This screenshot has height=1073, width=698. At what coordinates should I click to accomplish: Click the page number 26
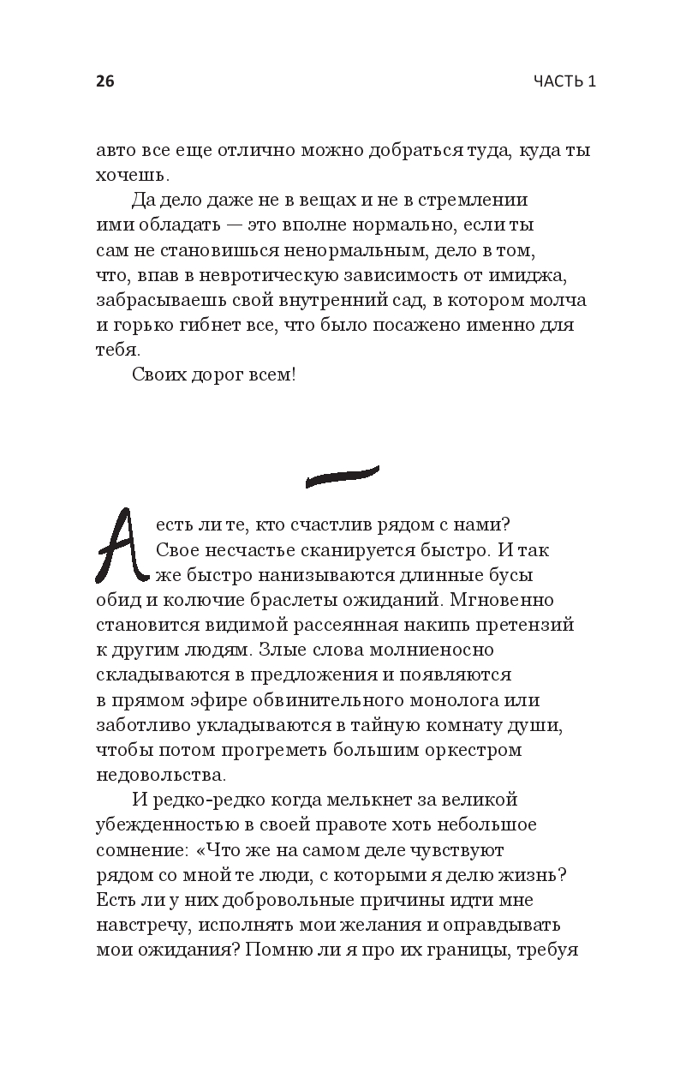click(104, 81)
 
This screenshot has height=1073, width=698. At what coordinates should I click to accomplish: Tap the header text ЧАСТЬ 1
click(564, 81)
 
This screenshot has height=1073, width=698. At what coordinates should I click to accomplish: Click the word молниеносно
click(418, 649)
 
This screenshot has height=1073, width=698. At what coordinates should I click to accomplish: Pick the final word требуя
click(544, 950)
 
